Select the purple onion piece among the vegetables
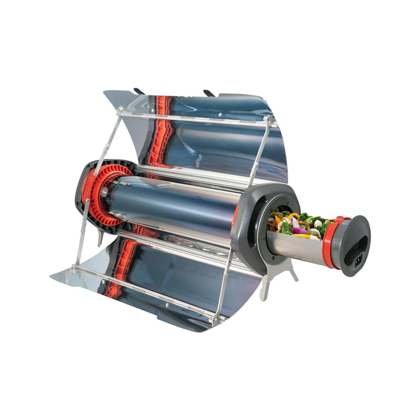299,231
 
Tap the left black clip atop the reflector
139,91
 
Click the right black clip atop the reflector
209,92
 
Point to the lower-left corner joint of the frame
74,269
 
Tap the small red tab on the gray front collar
235,216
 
